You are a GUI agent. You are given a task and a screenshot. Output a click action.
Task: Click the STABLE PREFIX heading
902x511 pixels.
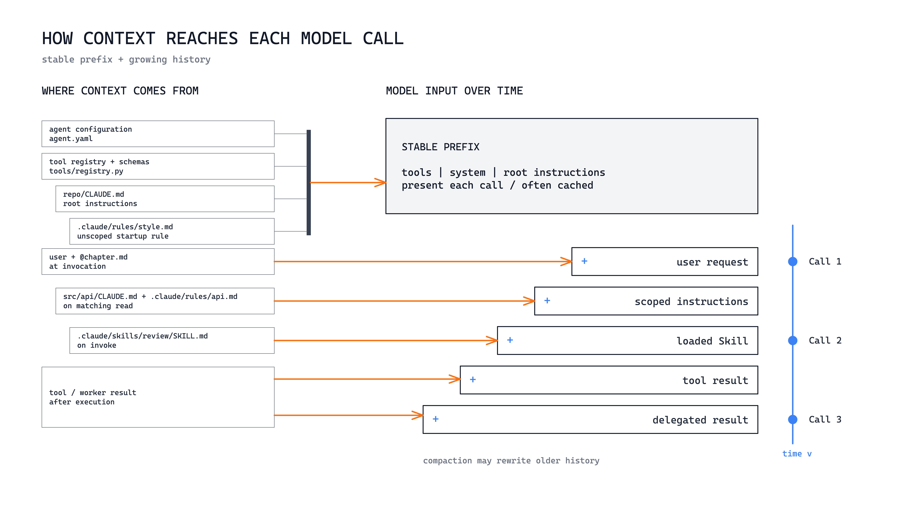tap(440, 147)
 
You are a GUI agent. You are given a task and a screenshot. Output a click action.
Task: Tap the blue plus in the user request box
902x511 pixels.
tap(584, 261)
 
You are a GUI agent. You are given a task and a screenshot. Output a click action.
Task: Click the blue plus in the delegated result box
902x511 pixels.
tap(436, 419)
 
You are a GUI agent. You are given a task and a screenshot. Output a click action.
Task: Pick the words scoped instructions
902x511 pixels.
tap(691, 301)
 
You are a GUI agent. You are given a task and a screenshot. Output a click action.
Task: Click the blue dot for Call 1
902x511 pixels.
tap(793, 261)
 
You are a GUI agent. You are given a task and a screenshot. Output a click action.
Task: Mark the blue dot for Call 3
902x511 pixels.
tap(793, 419)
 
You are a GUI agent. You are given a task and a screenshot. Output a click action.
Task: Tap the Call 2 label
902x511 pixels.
tap(825, 340)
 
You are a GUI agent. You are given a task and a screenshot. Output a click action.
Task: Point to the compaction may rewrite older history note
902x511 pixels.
tap(511, 461)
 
